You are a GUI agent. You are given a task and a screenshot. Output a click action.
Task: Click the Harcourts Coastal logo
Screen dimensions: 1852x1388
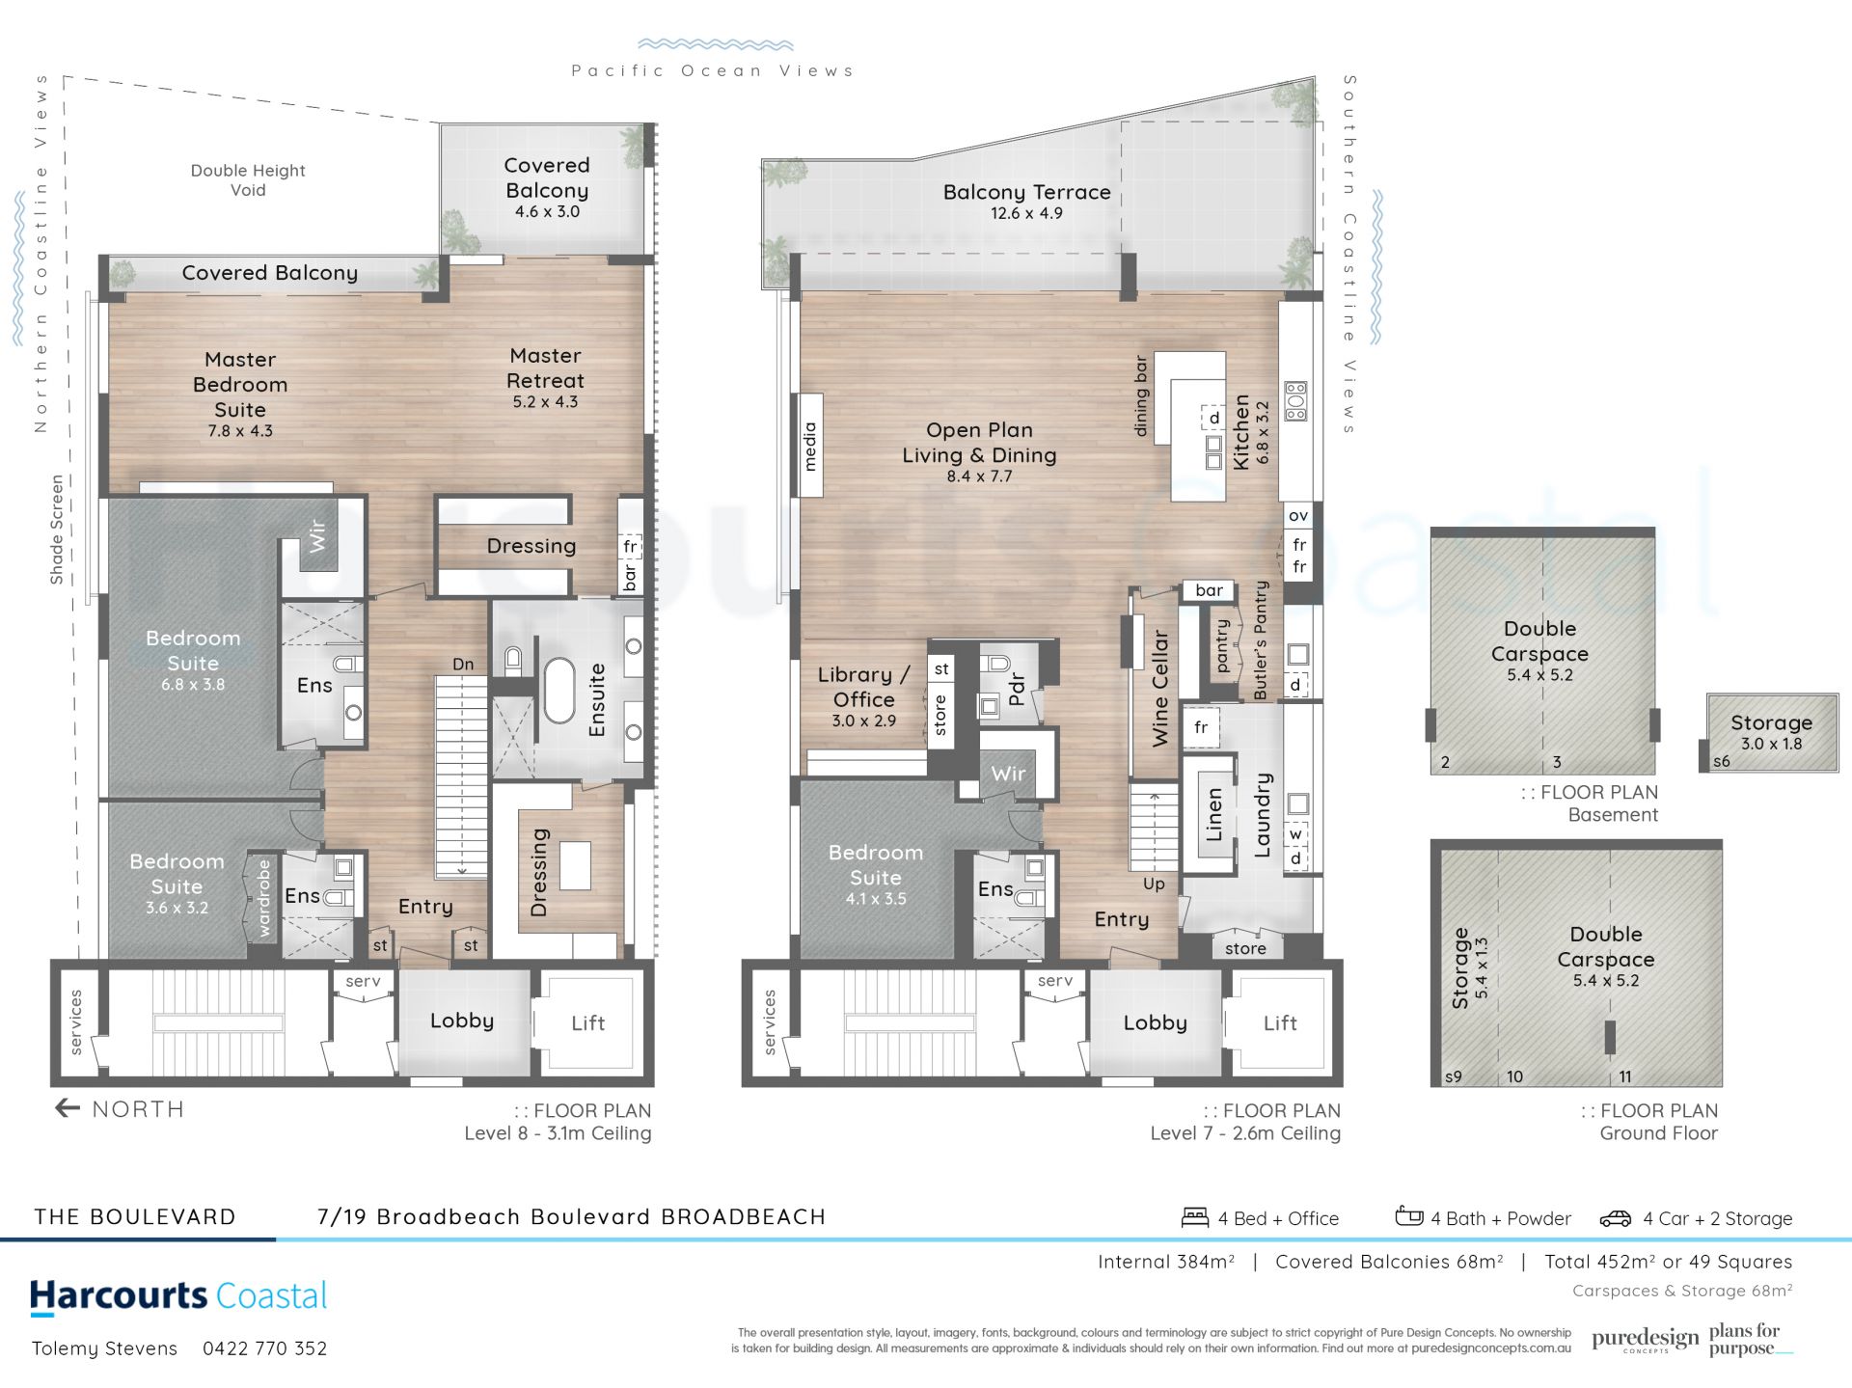click(178, 1296)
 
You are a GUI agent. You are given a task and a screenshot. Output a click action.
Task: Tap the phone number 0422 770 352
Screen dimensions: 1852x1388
click(265, 1348)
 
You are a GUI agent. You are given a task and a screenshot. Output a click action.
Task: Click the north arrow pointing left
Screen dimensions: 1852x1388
click(68, 1108)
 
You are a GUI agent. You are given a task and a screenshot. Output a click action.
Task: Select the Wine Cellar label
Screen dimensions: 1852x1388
click(1159, 688)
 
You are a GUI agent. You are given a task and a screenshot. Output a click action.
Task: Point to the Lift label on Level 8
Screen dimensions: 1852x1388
click(587, 1022)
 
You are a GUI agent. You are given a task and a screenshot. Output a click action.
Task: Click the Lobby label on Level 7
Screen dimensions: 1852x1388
click(1155, 1022)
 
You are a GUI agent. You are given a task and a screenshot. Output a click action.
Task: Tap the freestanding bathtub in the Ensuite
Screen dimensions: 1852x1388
click(559, 691)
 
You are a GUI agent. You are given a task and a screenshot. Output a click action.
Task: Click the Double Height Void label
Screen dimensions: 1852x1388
click(248, 180)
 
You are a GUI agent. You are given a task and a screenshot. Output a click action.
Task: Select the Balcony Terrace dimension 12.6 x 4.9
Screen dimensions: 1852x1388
click(1026, 213)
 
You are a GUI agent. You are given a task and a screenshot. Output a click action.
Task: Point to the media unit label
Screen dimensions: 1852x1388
click(809, 446)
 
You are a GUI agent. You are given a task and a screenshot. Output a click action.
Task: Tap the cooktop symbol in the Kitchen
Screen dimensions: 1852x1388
click(1295, 401)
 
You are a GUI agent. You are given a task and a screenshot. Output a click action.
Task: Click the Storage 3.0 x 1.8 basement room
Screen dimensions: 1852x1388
click(1771, 732)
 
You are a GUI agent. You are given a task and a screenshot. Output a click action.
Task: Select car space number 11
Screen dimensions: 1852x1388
click(1625, 1076)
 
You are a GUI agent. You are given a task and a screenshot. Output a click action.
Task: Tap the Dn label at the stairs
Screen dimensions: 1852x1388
click(463, 665)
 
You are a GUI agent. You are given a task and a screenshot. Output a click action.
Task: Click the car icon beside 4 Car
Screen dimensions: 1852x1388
click(1616, 1219)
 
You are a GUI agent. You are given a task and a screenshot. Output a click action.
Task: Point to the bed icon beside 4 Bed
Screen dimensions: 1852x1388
click(1195, 1217)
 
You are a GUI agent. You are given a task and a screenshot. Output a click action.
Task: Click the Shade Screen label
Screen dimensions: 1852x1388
click(57, 530)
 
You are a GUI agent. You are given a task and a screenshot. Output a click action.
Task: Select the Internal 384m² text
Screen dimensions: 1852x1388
click(1166, 1262)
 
